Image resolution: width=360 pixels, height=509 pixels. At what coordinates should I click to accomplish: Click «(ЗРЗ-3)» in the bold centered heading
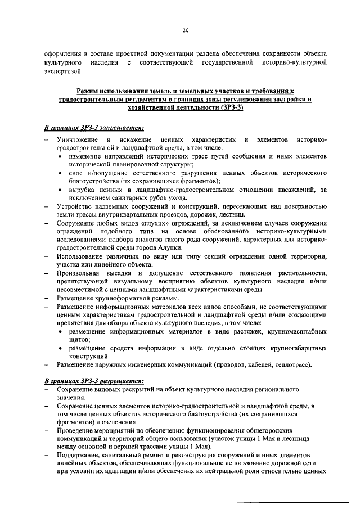[x=229, y=107]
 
